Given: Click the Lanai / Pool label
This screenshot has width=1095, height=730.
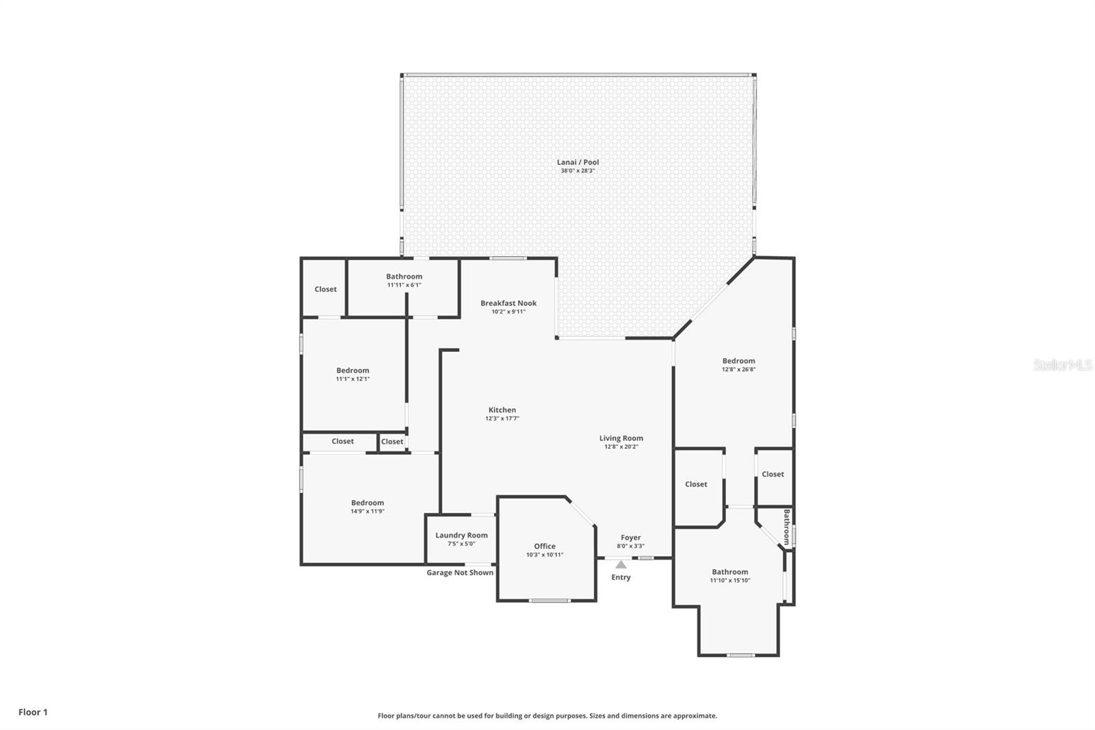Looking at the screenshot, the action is [578, 162].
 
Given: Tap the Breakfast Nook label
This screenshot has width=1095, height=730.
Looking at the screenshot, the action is [508, 303].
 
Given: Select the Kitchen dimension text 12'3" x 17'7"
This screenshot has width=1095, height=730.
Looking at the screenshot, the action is [502, 418].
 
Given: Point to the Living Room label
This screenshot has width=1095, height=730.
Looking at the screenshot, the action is [621, 438].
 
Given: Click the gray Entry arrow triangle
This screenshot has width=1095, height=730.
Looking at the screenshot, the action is [621, 565].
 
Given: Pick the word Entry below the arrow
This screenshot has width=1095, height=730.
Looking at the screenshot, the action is [621, 577].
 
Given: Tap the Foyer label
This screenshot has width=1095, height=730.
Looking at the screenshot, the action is [630, 537].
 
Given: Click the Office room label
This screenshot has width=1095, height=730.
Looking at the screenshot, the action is [545, 546].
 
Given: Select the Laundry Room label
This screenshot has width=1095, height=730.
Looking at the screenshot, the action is [461, 536].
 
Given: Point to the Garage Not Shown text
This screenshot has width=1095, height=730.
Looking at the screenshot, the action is [460, 572].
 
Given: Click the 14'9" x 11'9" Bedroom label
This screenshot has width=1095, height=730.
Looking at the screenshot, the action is [368, 503].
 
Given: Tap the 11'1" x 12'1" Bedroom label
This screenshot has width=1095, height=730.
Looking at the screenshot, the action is [352, 370].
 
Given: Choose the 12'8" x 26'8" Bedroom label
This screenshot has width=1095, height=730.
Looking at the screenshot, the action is [738, 361].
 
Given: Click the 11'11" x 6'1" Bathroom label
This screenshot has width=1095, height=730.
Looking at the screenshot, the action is [404, 277].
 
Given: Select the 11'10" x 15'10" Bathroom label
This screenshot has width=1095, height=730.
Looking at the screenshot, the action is [730, 572].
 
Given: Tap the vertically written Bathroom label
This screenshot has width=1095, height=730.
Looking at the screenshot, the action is [786, 527].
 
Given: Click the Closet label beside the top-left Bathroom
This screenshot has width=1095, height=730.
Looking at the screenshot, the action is [326, 289].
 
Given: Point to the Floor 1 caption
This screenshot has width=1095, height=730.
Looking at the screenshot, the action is [34, 712].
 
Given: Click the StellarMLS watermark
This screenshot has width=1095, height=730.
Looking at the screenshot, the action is [1063, 364].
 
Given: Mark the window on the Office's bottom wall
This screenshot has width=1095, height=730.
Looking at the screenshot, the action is [550, 601].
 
